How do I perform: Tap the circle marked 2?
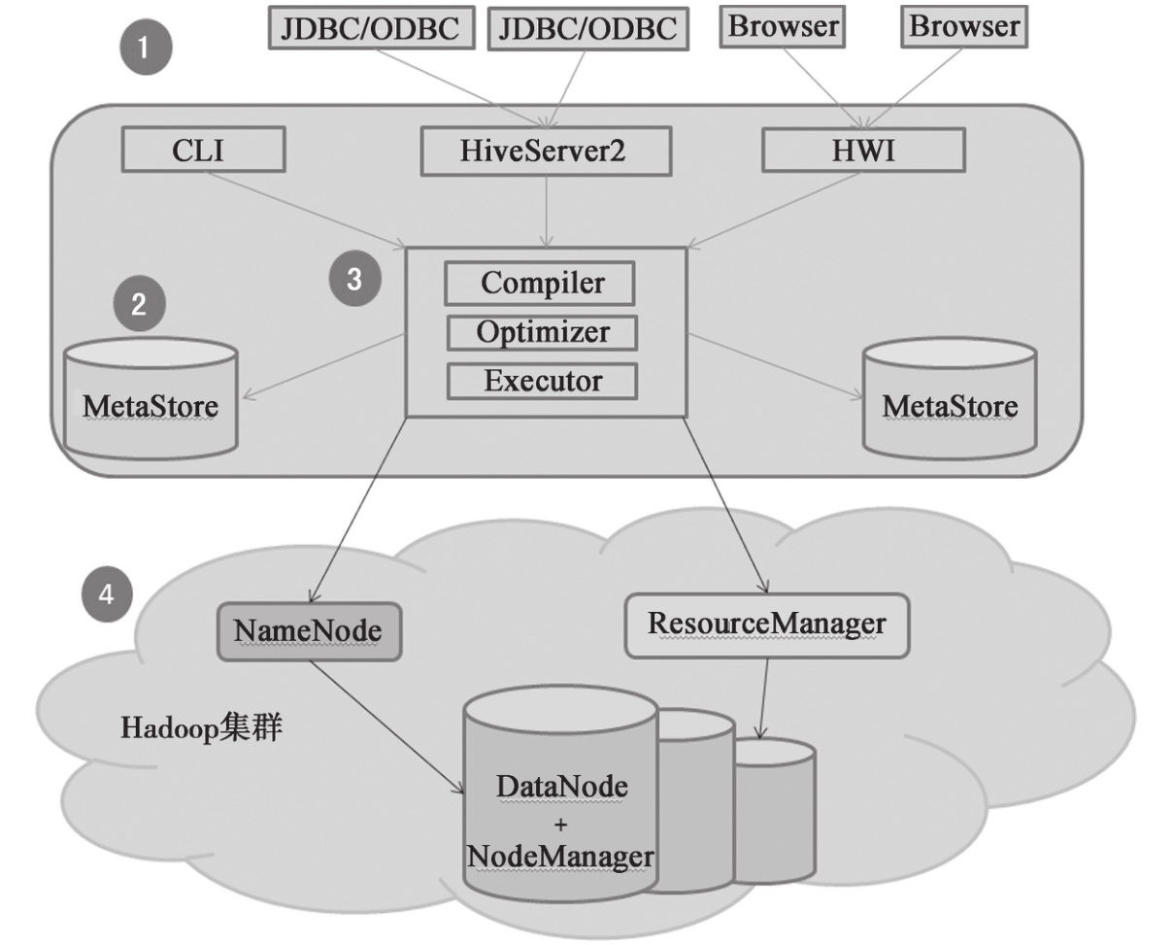pos(139,305)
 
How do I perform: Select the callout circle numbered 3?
pos(353,279)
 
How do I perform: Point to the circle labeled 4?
pos(107,593)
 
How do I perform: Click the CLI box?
pos(203,152)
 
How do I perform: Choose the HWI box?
pos(863,152)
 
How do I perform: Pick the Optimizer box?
pos(542,332)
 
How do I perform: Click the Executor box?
pos(542,381)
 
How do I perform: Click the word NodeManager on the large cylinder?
pos(559,857)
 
